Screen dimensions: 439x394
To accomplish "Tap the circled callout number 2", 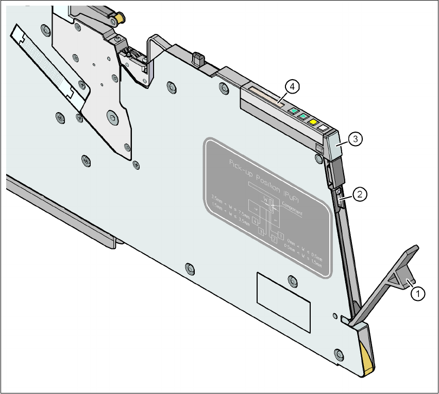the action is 360,194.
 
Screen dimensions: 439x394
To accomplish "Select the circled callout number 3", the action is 353,138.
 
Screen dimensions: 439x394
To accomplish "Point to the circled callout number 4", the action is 292,87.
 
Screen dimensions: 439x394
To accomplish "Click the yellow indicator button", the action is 312,122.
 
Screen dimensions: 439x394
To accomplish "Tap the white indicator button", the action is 323,127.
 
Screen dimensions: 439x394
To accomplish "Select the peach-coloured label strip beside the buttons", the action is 266,97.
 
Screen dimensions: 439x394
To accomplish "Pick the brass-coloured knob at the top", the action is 119,19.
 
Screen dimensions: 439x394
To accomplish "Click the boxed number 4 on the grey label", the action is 255,221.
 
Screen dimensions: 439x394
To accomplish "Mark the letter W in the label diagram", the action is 265,198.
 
